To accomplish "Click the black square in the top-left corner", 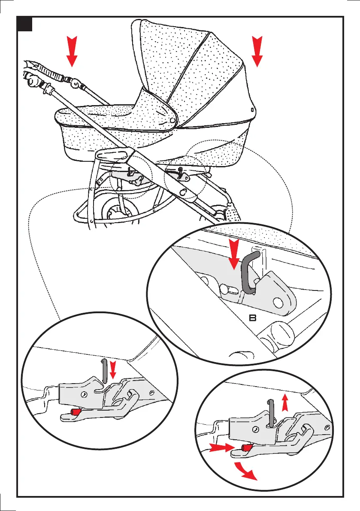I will pyautogui.click(x=25, y=24).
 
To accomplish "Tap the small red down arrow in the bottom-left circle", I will pyautogui.click(x=113, y=369).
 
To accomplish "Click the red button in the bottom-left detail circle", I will pyautogui.click(x=75, y=412).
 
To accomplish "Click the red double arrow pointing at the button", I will pyautogui.click(x=221, y=448).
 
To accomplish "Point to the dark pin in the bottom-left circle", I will pyautogui.click(x=104, y=370).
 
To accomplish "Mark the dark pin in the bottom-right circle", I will pyautogui.click(x=270, y=412).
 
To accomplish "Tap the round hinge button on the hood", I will pyautogui.click(x=172, y=121).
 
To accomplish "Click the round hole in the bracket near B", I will pyautogui.click(x=279, y=302).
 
